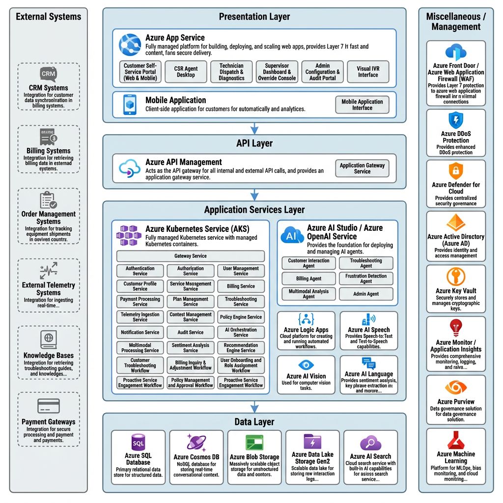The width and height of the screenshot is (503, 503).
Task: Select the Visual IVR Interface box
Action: tap(368, 72)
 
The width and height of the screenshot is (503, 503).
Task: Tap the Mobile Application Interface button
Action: tap(362, 105)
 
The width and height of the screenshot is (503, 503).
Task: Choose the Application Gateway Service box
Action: tap(362, 168)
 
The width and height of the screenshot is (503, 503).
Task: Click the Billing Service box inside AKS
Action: tap(241, 286)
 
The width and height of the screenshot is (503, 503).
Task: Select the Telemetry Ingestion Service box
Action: tap(140, 317)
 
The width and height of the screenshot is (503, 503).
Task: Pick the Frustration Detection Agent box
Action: tap(366, 279)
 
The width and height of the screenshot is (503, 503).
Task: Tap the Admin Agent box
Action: tap(366, 294)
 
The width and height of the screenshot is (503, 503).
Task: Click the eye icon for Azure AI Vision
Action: tap(306, 365)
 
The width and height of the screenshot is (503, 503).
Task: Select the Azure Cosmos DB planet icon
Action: tap(196, 443)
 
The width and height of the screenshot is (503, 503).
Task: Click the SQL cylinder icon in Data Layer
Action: tap(138, 441)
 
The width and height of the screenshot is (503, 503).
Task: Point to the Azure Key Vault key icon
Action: tap(456, 277)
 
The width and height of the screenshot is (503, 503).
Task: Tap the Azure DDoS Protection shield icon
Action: tap(456, 120)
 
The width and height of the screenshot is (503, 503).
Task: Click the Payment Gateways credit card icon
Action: tap(48, 406)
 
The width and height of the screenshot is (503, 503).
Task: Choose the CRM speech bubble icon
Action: tap(48, 74)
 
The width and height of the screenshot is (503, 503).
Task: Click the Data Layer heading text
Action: tap(254, 422)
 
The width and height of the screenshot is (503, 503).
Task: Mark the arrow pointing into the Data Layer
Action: tap(254, 407)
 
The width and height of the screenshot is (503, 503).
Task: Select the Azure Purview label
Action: tap(456, 402)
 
